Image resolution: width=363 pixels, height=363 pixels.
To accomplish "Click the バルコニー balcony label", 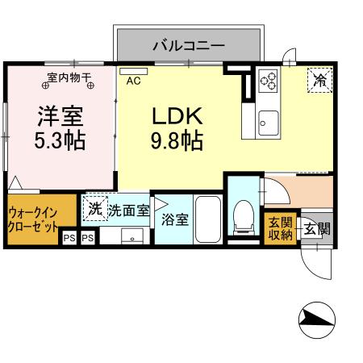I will (188, 44).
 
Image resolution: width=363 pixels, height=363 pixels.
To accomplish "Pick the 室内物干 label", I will (68, 77).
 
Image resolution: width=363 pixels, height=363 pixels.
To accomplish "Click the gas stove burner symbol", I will (267, 81).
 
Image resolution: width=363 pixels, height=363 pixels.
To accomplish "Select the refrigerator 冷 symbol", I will (320, 80).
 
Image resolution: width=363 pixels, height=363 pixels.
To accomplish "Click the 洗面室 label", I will (128, 211).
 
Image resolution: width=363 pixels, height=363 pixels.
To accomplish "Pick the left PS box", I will (69, 238).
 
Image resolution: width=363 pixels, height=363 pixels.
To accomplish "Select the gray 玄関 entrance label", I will (315, 228).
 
